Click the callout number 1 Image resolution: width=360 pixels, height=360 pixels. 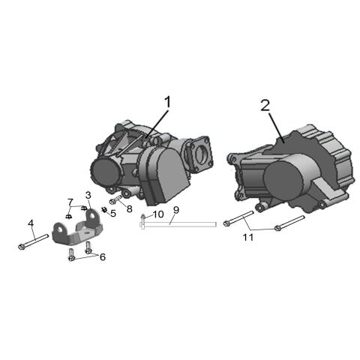pos(167,101)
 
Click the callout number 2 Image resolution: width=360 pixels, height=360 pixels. pos(265,105)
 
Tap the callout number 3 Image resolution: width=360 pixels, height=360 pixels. pos(88,195)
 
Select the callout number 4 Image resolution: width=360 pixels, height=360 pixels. pos(31,223)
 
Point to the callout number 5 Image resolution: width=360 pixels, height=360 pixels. pos(113,214)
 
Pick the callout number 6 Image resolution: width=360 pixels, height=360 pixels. pos(103,257)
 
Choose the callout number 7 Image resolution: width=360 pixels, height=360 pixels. pos(70,202)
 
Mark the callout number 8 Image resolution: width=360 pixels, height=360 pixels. pos(129,209)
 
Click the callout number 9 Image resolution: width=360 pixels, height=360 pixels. pos(175,209)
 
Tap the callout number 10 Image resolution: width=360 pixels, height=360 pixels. pos(157,214)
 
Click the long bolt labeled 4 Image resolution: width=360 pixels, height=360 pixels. pos(32,241)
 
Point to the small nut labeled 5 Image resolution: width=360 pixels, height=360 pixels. pos(105,210)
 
